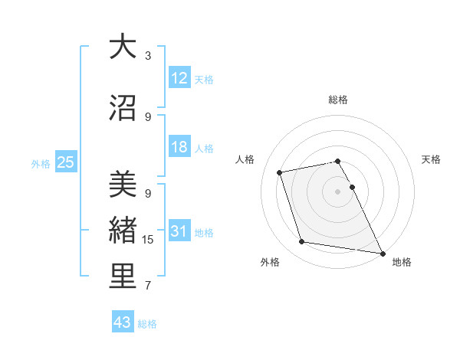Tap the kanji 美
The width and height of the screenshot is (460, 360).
(123, 184)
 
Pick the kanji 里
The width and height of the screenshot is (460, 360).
(123, 277)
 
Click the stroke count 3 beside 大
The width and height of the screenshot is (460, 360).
(148, 55)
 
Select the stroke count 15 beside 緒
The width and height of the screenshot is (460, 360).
(148, 240)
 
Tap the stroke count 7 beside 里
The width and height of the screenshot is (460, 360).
(148, 286)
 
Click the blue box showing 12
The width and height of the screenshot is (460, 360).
(179, 78)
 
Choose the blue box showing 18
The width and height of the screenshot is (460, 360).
(179, 147)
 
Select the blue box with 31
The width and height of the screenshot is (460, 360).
(179, 231)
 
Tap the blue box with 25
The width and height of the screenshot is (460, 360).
(65, 162)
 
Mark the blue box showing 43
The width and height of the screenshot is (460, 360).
(123, 322)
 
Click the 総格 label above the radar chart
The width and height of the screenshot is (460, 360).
(338, 100)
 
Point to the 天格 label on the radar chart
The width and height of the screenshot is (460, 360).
(431, 159)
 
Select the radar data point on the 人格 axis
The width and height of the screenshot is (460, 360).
(280, 172)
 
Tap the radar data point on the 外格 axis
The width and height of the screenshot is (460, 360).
(302, 242)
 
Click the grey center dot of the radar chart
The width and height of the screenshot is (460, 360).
(338, 191)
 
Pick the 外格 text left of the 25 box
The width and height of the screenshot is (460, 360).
(41, 163)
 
